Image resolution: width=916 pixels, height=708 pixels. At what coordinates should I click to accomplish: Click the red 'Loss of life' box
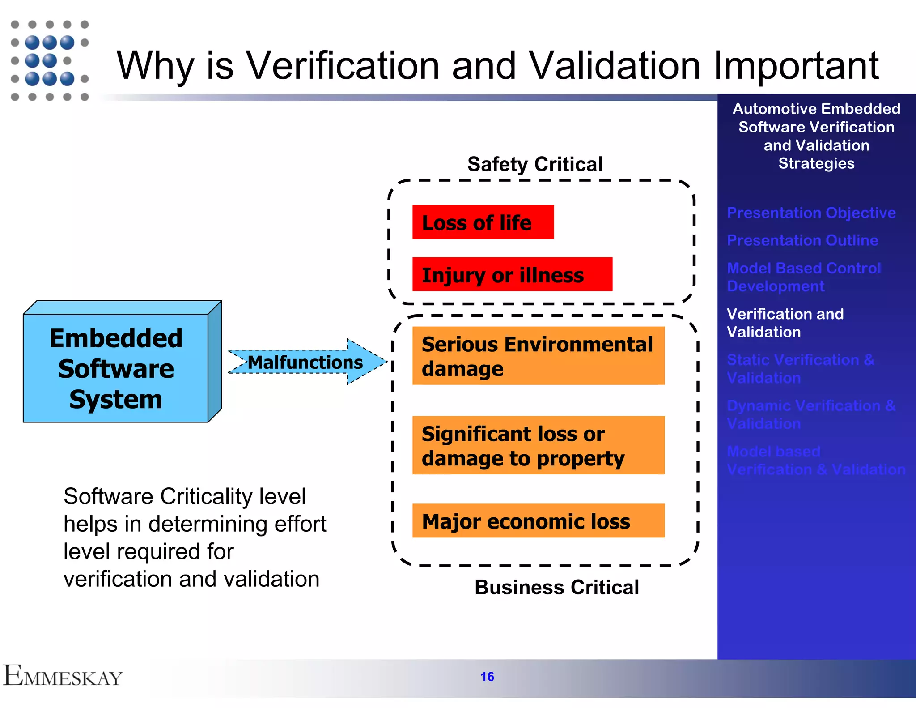[483, 222]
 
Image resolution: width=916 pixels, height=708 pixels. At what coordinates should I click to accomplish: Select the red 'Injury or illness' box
[512, 274]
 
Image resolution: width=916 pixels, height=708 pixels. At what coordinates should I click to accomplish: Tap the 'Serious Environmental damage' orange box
[538, 356]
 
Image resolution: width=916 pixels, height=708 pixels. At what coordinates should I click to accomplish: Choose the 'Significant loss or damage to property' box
[538, 445]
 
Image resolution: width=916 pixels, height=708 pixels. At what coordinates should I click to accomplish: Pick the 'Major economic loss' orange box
[538, 520]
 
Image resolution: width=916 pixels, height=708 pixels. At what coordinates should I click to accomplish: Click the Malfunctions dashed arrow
[306, 362]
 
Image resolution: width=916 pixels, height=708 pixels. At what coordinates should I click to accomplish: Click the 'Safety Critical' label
[535, 164]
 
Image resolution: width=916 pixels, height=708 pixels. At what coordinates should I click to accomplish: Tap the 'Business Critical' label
[557, 587]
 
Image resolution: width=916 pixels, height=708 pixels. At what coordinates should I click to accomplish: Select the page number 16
[488, 676]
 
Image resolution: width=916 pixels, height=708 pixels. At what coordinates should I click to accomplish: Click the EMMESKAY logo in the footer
[63, 676]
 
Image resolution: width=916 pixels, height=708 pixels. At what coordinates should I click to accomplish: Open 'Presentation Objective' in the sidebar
[811, 213]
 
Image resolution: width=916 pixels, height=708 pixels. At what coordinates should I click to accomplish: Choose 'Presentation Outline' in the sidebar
[802, 240]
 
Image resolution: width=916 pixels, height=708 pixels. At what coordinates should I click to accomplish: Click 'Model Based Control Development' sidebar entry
[803, 277]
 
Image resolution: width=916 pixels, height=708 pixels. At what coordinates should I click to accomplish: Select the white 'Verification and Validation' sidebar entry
[785, 323]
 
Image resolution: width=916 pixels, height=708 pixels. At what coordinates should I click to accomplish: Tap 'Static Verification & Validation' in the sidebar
[800, 369]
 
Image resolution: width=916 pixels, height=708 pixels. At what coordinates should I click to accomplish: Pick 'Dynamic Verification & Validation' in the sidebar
[811, 414]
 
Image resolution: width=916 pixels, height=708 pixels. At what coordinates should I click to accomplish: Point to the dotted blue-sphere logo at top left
[50, 60]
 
